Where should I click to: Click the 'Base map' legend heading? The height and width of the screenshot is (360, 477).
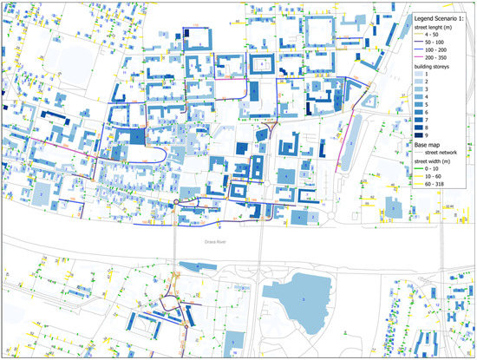coord(427,145)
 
